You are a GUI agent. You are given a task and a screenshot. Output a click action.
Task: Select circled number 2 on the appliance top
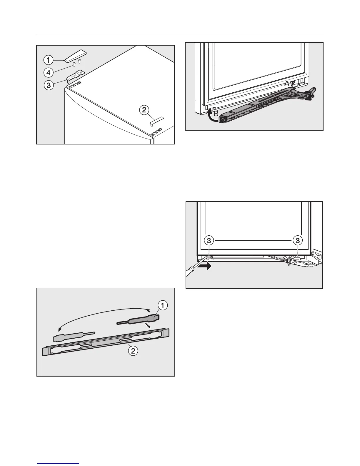144,110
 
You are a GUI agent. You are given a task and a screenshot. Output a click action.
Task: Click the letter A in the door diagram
287,84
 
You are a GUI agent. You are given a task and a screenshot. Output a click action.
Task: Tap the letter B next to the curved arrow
216,114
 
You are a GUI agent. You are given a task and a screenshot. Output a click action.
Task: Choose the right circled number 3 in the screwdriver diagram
298,241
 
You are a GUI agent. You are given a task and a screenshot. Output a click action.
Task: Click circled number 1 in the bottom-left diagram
163,306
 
